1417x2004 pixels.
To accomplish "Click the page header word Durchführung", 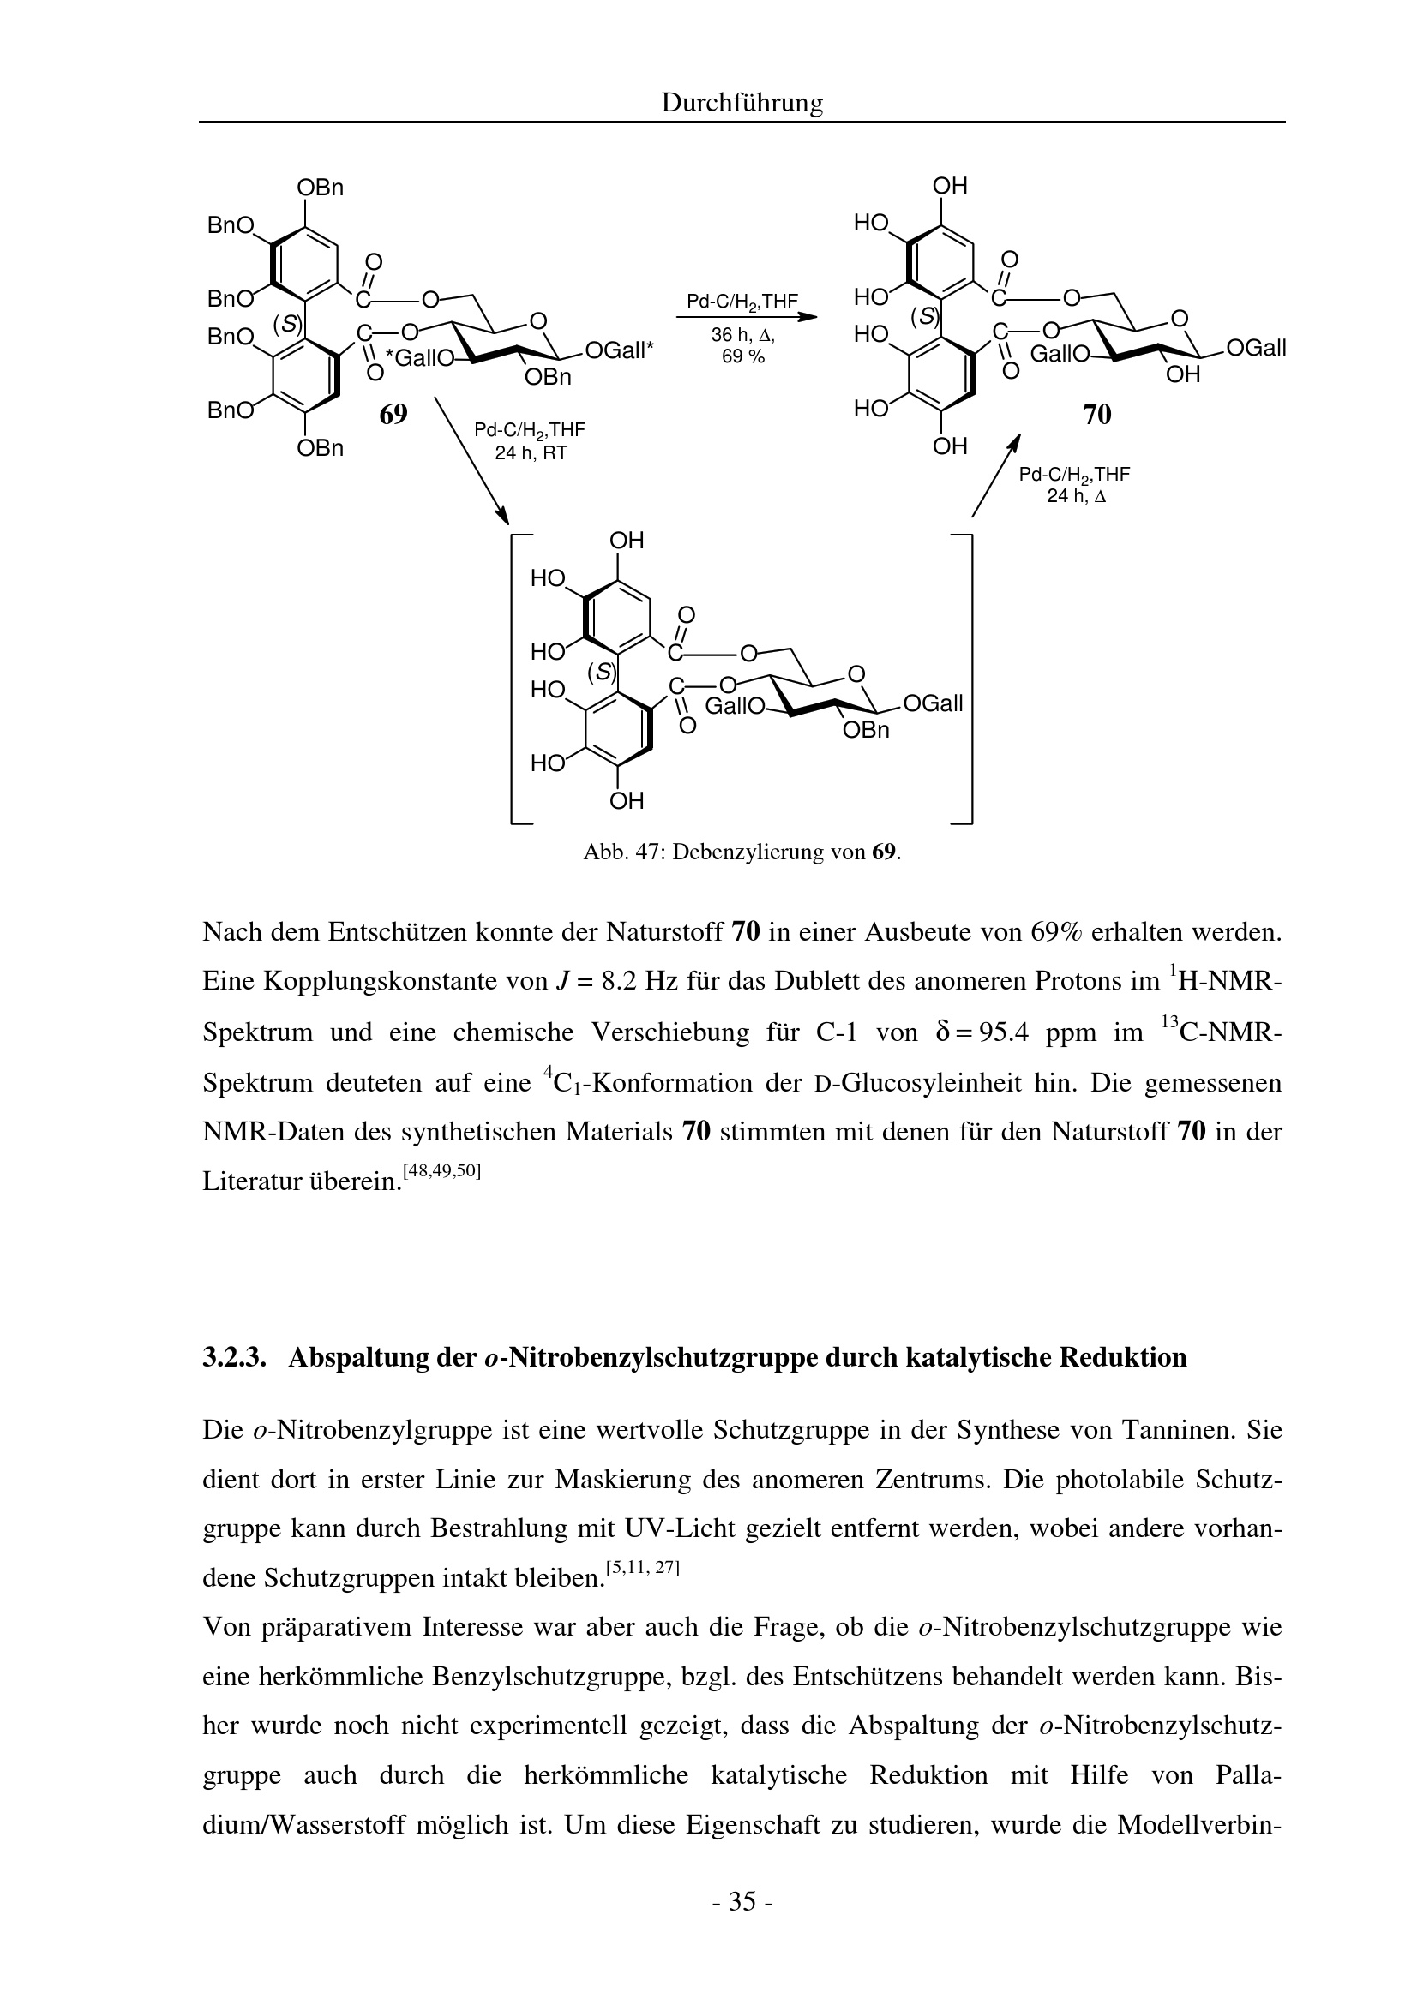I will (742, 103).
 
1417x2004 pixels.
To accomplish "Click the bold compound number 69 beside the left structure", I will (393, 414).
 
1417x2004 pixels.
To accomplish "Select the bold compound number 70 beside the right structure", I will (1096, 415).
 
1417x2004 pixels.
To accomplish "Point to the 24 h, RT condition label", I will (531, 454).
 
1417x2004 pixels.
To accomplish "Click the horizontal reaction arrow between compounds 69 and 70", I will (746, 318).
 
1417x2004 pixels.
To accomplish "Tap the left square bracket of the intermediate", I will (515, 678).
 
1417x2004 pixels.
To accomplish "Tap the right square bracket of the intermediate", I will (967, 678).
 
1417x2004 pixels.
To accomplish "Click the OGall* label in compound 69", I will (619, 350).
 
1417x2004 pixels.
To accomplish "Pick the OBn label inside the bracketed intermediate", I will (865, 730).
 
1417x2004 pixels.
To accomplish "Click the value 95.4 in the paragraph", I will (1004, 1032).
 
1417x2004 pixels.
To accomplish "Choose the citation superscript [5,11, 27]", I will (643, 1567).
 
